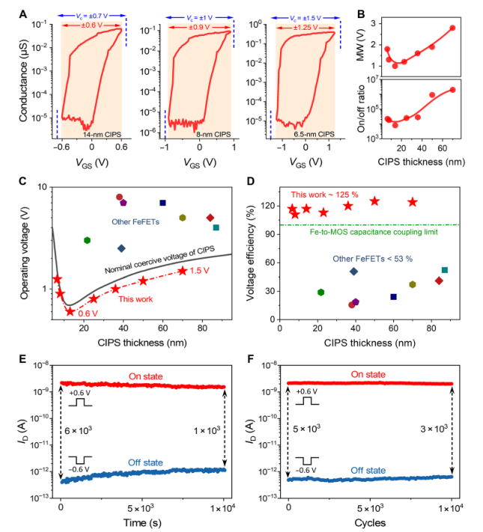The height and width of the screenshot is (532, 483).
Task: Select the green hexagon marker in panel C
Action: [88, 240]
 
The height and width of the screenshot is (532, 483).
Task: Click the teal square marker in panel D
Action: [445, 270]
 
